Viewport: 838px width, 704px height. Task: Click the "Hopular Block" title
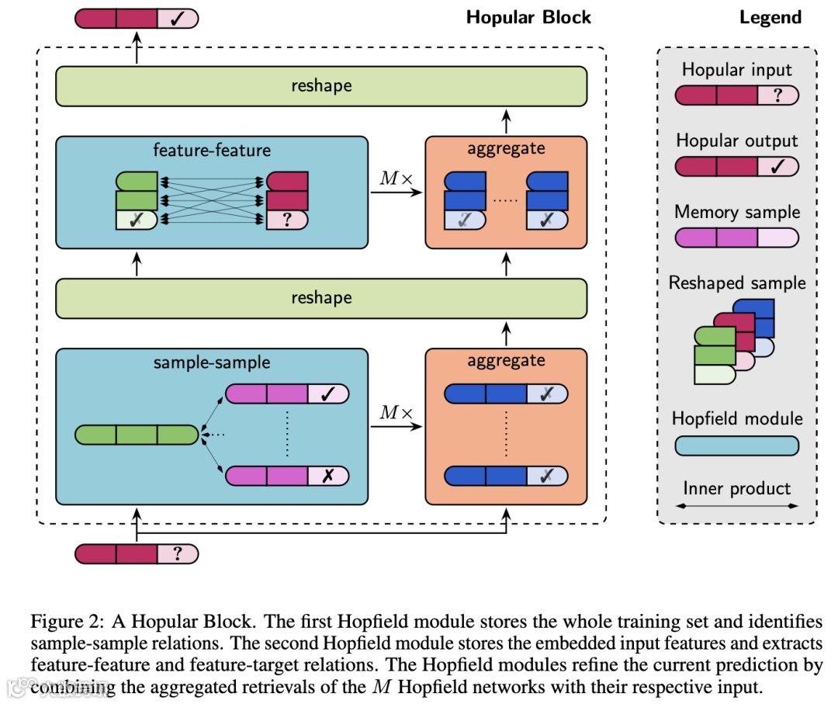(x=528, y=17)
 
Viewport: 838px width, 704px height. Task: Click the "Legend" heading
(x=770, y=17)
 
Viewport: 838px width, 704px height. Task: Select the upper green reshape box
(x=321, y=85)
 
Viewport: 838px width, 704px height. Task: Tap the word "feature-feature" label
(x=212, y=150)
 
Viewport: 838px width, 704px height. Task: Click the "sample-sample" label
(x=212, y=362)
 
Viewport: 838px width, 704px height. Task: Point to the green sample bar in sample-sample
(x=137, y=435)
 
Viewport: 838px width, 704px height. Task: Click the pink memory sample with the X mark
(x=286, y=475)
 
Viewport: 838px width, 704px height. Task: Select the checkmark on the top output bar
(x=178, y=19)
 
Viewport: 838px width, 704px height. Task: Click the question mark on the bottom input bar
(x=178, y=553)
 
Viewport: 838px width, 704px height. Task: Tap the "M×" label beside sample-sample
(x=396, y=412)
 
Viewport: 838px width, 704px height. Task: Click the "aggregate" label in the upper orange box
(x=506, y=148)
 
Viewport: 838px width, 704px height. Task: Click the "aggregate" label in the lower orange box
(x=506, y=360)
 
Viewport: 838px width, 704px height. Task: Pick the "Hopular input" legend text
(x=736, y=70)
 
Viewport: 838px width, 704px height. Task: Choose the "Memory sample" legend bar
(x=736, y=238)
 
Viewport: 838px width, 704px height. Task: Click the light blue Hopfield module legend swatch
(x=736, y=446)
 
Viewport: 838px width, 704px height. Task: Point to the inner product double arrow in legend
(x=736, y=506)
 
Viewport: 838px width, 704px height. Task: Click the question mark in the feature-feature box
(x=287, y=220)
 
